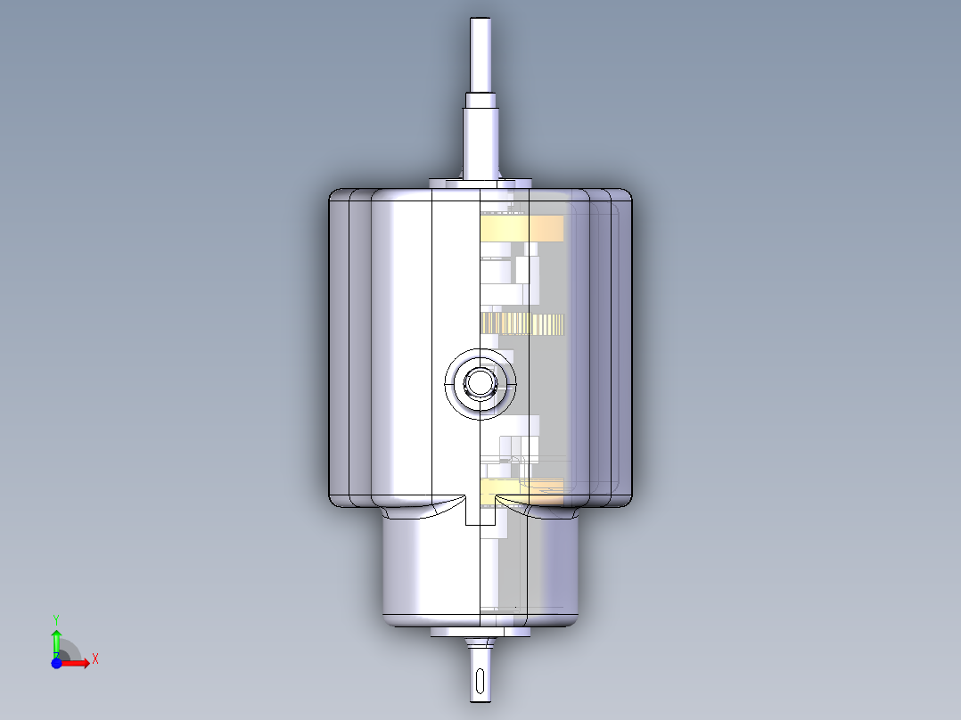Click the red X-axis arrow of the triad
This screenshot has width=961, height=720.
point(80,662)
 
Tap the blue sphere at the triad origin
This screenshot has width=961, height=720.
point(56,663)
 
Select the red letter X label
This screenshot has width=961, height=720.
point(94,659)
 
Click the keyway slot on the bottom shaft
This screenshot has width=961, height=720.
point(480,683)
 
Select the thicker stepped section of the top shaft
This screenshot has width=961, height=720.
point(481,134)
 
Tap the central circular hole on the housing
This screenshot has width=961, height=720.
point(480,383)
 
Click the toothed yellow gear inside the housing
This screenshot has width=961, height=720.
point(522,323)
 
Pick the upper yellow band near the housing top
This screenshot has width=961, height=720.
point(523,229)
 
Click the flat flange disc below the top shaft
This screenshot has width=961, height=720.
point(480,183)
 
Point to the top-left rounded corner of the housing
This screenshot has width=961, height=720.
point(337,197)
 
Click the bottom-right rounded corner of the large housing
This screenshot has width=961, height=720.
point(623,499)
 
